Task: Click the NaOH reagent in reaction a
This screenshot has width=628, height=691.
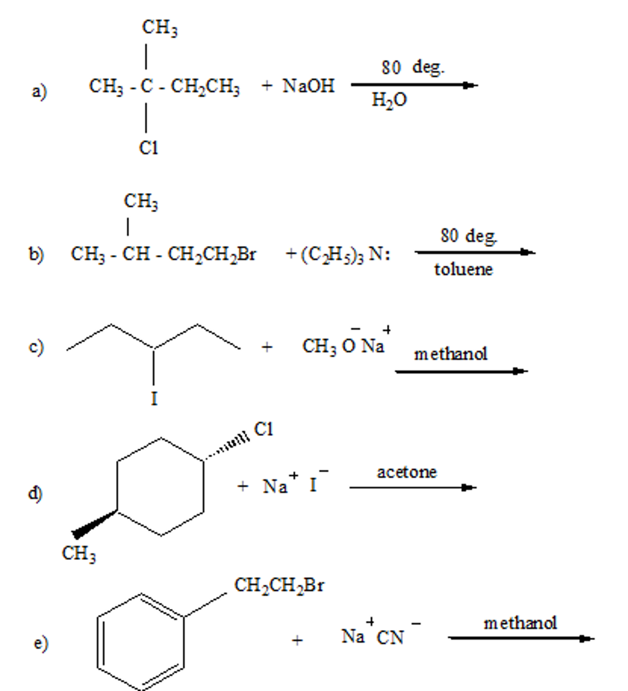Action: [x=308, y=86]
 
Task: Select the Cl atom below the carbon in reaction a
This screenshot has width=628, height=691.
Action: [x=148, y=148]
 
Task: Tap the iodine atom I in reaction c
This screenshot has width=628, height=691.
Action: [x=154, y=399]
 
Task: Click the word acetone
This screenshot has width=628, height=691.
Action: [x=407, y=472]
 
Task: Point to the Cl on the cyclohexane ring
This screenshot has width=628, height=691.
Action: [x=263, y=429]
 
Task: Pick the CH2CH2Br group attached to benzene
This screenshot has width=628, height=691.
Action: [x=279, y=586]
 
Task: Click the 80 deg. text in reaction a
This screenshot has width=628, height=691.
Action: [x=413, y=68]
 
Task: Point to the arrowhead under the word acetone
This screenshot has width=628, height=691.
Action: [x=468, y=487]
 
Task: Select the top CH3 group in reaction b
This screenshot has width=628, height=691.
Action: [x=141, y=201]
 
